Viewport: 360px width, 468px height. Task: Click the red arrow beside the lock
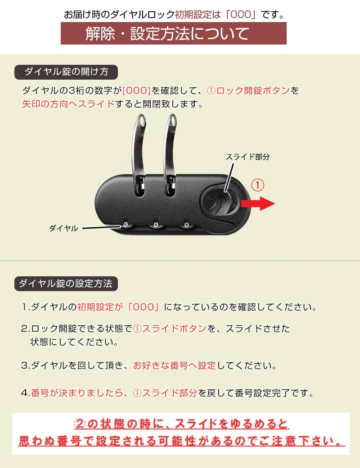(x=258, y=204)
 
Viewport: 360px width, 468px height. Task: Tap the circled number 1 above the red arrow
(x=257, y=185)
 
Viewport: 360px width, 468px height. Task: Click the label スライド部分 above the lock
(x=247, y=157)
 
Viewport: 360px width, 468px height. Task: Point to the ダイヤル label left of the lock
(x=63, y=228)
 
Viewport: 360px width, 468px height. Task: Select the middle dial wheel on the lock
(x=156, y=225)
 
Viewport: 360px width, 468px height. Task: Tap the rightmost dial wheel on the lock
(x=186, y=225)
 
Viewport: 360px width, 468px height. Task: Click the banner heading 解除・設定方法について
(x=173, y=33)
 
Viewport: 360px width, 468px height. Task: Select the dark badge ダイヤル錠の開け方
(x=66, y=72)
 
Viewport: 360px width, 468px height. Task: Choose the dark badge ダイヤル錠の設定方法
(x=66, y=283)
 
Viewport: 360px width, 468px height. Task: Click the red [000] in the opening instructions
(x=136, y=90)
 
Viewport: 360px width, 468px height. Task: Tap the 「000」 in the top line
(x=241, y=14)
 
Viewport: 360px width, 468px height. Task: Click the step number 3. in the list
(x=26, y=365)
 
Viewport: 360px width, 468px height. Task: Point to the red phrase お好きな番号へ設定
(x=174, y=365)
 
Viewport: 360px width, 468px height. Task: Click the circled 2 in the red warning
(x=80, y=424)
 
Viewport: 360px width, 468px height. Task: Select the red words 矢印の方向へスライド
(x=68, y=104)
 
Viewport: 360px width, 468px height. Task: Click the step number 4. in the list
(x=26, y=393)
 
